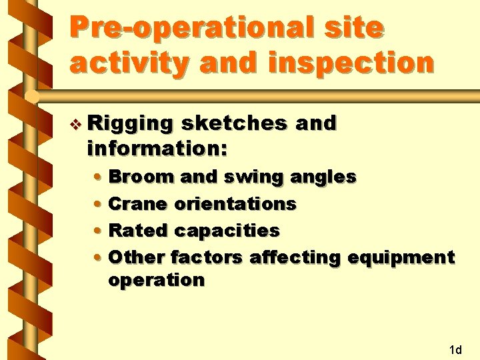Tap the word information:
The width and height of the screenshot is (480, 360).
[x=157, y=148]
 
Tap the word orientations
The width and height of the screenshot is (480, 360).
[x=235, y=203]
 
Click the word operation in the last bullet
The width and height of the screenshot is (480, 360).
[x=156, y=281]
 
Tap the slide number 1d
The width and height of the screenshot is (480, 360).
[x=456, y=349]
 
